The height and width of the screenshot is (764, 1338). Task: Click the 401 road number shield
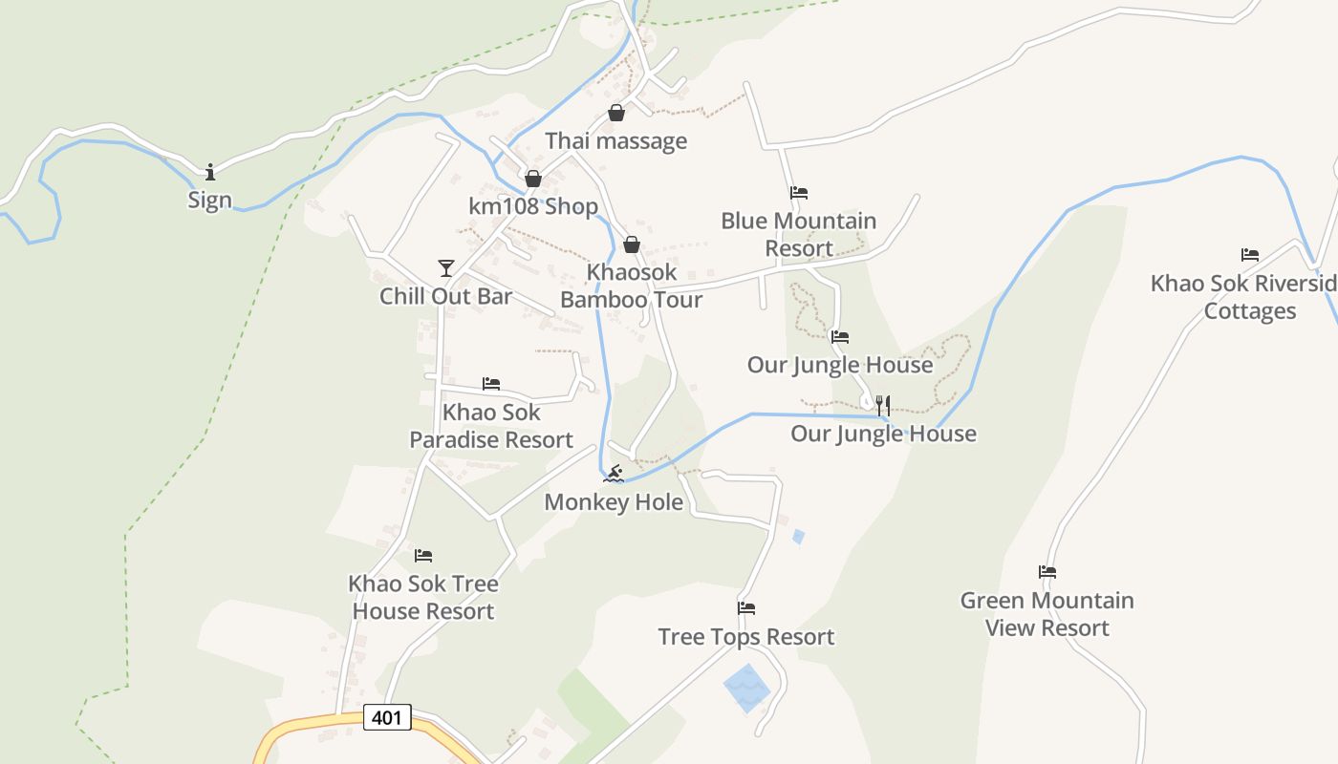(x=387, y=717)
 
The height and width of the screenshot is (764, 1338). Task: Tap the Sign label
(x=209, y=200)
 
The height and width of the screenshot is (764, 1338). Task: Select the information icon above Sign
(x=210, y=172)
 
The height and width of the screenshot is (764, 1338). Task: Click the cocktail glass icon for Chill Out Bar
(x=445, y=267)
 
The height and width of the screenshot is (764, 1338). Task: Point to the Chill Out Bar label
(x=445, y=296)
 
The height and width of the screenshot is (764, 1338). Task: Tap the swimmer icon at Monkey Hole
(x=614, y=474)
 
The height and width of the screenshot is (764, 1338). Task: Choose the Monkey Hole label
(x=614, y=502)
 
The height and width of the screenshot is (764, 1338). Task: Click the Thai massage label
(x=615, y=141)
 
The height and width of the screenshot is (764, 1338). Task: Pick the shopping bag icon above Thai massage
(x=616, y=113)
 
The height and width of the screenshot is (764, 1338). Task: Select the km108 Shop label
(x=533, y=206)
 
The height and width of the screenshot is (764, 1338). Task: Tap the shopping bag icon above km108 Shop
(x=533, y=179)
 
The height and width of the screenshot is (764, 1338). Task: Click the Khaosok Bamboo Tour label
(x=631, y=286)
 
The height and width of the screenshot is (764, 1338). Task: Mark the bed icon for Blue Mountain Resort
(x=799, y=193)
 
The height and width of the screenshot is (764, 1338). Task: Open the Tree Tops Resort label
(x=746, y=637)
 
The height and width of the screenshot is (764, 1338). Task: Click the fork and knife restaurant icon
(x=882, y=405)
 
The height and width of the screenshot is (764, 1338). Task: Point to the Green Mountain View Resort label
(x=1047, y=614)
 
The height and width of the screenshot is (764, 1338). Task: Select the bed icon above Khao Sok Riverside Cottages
(x=1250, y=255)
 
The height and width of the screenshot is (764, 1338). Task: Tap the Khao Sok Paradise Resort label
(x=491, y=426)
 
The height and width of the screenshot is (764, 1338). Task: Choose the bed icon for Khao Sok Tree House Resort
(x=423, y=556)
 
